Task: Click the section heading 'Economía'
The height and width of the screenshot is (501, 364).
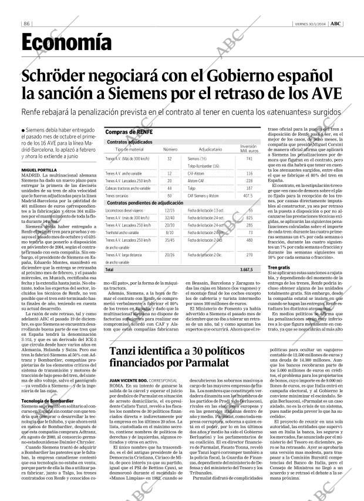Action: tap(66, 42)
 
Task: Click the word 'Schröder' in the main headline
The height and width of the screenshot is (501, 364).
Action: tap(65, 76)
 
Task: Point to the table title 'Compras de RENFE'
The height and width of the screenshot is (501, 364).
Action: tap(129, 132)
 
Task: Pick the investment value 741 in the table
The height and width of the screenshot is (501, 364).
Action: tap(249, 159)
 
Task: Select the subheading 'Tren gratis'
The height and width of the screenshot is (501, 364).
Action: tap(279, 267)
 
